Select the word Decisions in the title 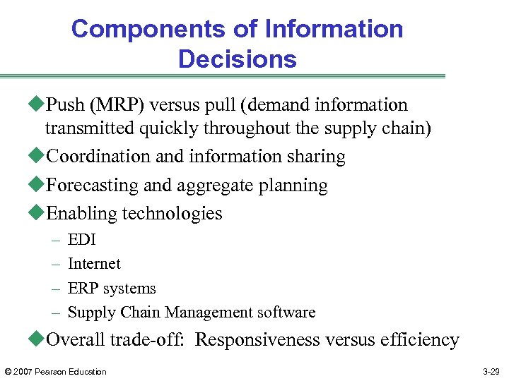click(x=238, y=59)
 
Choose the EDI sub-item click(x=81, y=240)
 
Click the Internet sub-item click(x=94, y=264)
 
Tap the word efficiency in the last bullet click(x=421, y=340)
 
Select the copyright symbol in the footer click(x=8, y=372)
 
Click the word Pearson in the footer click(x=52, y=372)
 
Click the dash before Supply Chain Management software click(x=56, y=313)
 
